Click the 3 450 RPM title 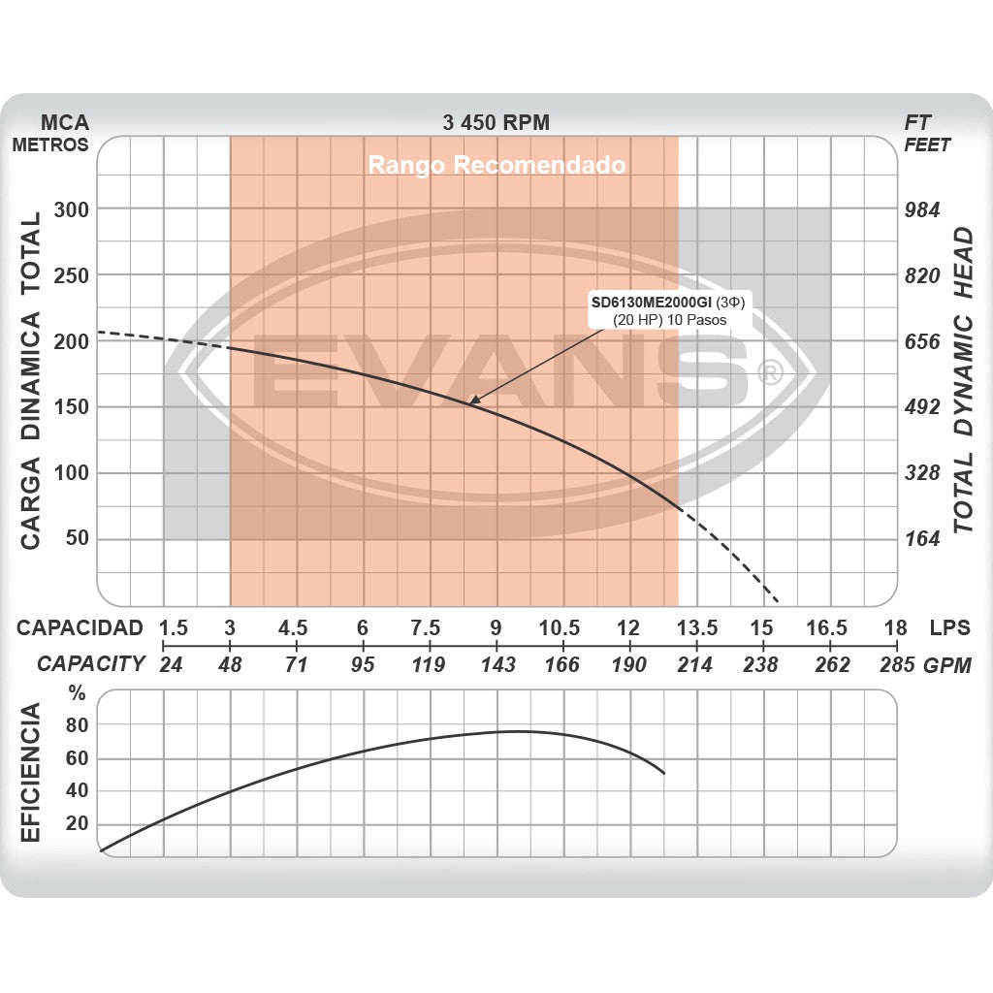pyautogui.click(x=496, y=122)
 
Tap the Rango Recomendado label pyautogui.click(x=496, y=165)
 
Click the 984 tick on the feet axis pyautogui.click(x=921, y=209)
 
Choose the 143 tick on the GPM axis pyautogui.click(x=496, y=665)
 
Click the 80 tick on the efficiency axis pyautogui.click(x=78, y=724)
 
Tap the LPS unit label pyautogui.click(x=949, y=627)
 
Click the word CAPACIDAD pyautogui.click(x=80, y=627)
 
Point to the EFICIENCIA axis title pyautogui.click(x=32, y=773)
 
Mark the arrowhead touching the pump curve pyautogui.click(x=473, y=400)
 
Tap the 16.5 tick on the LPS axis pyautogui.click(x=827, y=627)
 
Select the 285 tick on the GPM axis pyautogui.click(x=896, y=665)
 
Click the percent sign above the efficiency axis pyautogui.click(x=78, y=694)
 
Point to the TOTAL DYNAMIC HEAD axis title pyautogui.click(x=962, y=380)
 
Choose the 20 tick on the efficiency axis pyautogui.click(x=78, y=823)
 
